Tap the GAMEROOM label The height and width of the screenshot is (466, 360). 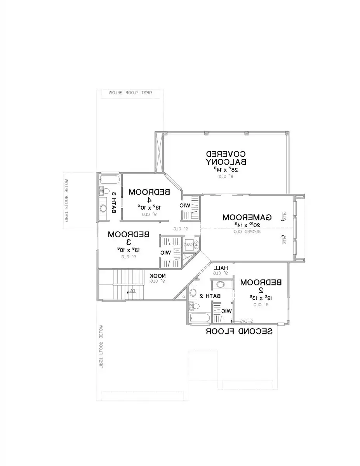pos(247,217)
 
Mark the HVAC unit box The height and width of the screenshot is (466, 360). pos(189,245)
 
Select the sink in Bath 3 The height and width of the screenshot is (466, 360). pos(103,208)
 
